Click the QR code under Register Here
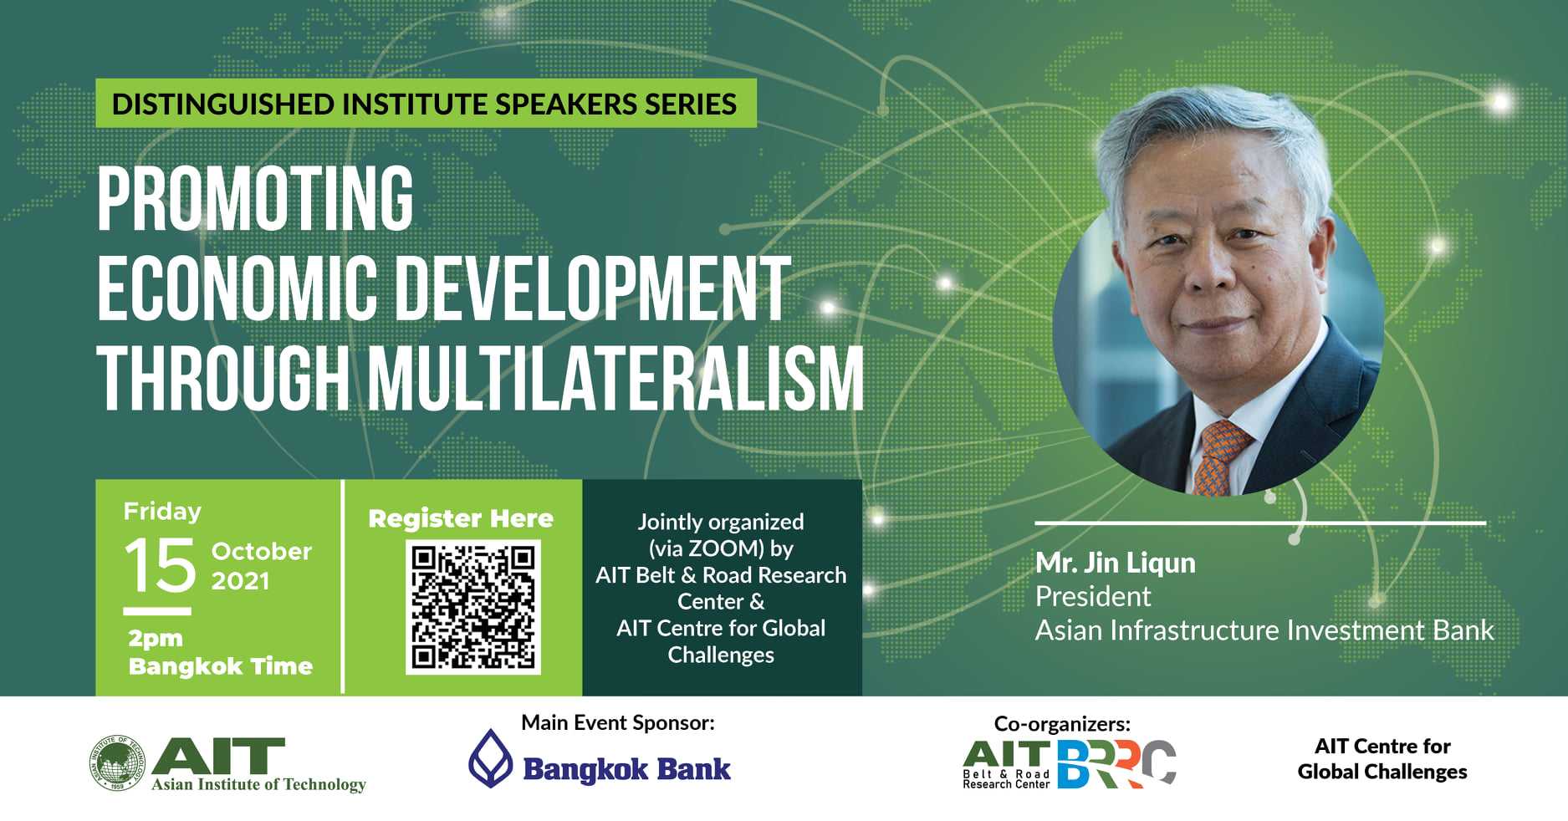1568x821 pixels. [x=473, y=607]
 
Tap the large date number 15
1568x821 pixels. [x=161, y=565]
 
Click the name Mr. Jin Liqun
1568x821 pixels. [x=1116, y=563]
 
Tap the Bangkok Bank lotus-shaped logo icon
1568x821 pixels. [x=490, y=758]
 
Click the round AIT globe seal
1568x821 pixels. [x=117, y=762]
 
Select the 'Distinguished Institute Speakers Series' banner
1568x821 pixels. [x=426, y=104]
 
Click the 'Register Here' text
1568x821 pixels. [x=461, y=518]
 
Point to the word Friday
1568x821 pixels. [x=162, y=511]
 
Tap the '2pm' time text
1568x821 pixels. [x=156, y=639]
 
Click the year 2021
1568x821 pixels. [x=240, y=581]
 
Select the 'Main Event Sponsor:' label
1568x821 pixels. [x=618, y=722]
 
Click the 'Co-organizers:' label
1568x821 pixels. [x=1062, y=723]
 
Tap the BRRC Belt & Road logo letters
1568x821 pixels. [x=1116, y=764]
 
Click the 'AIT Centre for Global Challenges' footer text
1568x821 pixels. [x=1382, y=758]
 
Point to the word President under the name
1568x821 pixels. [x=1093, y=596]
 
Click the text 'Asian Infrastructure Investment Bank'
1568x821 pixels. [x=1264, y=630]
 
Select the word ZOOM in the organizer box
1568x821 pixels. [x=726, y=548]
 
